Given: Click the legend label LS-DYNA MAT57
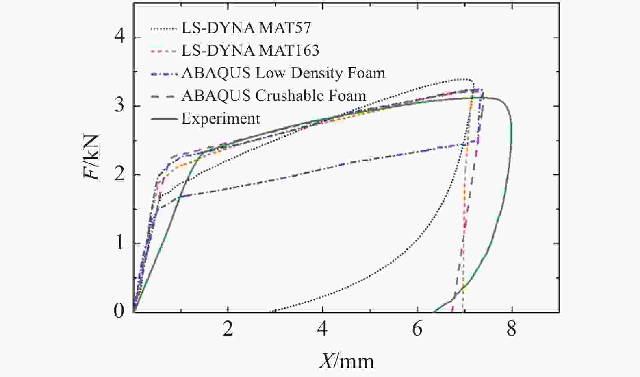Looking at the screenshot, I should point(246,28).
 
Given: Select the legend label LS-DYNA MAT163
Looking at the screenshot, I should point(250,51).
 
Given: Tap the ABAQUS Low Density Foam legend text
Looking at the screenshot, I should point(283,73).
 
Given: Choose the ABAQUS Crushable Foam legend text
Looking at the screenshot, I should point(273,96).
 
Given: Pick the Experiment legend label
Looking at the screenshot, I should point(221,119).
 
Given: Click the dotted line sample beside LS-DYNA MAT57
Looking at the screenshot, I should point(164,29).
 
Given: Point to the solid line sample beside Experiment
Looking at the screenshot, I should point(164,119).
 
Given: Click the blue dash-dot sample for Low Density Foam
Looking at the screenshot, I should point(164,74).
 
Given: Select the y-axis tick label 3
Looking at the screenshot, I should point(119,106).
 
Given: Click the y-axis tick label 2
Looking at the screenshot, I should point(119,175).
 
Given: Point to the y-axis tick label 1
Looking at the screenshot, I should point(119,244).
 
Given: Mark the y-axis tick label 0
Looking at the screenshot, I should point(119,312).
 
